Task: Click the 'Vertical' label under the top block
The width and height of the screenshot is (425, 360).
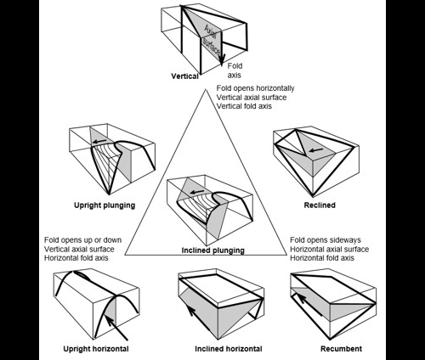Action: pyautogui.click(x=184, y=76)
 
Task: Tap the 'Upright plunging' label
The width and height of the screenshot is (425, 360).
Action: pyautogui.click(x=105, y=205)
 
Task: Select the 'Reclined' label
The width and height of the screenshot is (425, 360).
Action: pyautogui.click(x=320, y=205)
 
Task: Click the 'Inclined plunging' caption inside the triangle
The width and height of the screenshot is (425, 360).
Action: pyautogui.click(x=212, y=250)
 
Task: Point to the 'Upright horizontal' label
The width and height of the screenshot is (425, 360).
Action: pyautogui.click(x=96, y=349)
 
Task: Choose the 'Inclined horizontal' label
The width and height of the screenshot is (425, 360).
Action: pyautogui.click(x=229, y=349)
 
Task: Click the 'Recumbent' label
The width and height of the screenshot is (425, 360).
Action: pyautogui.click(x=341, y=349)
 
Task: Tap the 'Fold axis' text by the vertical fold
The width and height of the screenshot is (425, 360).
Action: pyautogui.click(x=235, y=70)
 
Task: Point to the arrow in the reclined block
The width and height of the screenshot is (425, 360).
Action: pyautogui.click(x=315, y=149)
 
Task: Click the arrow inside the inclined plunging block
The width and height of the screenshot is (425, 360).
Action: pyautogui.click(x=197, y=192)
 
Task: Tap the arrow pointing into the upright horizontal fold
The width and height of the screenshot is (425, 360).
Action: pyautogui.click(x=116, y=327)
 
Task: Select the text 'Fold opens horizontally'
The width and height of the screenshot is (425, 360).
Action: pyautogui.click(x=255, y=88)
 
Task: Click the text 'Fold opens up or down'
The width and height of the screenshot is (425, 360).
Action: pyautogui.click(x=83, y=240)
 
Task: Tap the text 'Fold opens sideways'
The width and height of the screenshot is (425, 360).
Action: pyautogui.click(x=326, y=240)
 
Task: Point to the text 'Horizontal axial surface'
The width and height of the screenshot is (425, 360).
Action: pyautogui.click(x=330, y=249)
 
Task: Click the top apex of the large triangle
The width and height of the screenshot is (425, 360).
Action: pyautogui.click(x=206, y=89)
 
